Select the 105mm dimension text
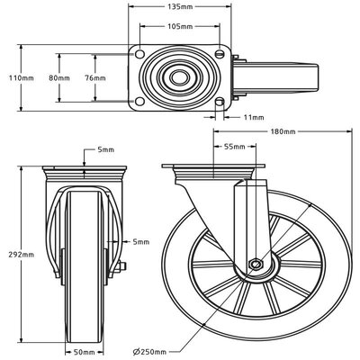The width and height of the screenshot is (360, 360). (180, 27)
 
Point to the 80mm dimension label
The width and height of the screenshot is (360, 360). (59, 79)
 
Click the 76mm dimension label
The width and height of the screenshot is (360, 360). (94, 79)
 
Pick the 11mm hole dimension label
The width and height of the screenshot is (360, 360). (253, 117)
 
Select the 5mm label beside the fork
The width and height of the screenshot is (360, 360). (140, 241)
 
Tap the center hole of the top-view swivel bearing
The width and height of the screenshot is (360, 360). (183, 79)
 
